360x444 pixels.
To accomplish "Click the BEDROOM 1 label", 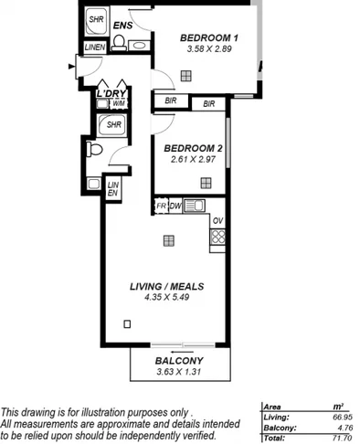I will tap(208, 37).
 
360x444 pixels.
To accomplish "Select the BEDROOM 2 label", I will tap(193, 147).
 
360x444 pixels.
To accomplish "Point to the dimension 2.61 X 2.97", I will tap(193, 159).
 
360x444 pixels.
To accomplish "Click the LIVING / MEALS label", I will tap(166, 286).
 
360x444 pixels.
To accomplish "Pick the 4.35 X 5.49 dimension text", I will tap(166, 298).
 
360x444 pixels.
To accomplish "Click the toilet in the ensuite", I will tap(119, 42).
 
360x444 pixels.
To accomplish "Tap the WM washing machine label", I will tap(106, 104).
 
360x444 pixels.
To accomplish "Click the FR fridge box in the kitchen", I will tap(160, 206).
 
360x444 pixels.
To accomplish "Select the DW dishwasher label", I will tap(175, 206).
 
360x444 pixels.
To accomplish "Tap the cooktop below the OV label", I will tap(217, 238).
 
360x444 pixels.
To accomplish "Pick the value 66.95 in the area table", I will tap(342, 416).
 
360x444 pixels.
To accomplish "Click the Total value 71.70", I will tap(343, 439).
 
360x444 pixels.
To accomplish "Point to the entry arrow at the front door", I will tap(71, 65).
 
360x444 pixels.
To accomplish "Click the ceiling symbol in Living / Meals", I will tap(168, 240).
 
